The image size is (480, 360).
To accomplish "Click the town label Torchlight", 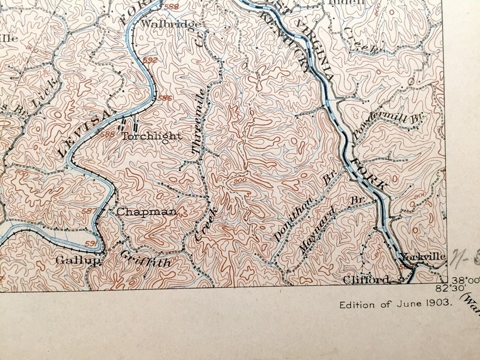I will tap(151, 136).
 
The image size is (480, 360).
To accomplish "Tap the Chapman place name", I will tap(146, 211).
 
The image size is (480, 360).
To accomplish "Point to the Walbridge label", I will tap(162, 25).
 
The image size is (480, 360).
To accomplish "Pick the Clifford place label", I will tap(366, 279).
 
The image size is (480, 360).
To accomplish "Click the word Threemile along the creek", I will tap(203, 121).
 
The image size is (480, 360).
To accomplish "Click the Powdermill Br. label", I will tap(393, 120).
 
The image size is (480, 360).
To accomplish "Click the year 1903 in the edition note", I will tap(439, 304).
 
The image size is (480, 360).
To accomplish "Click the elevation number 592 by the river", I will tap(151, 60).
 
